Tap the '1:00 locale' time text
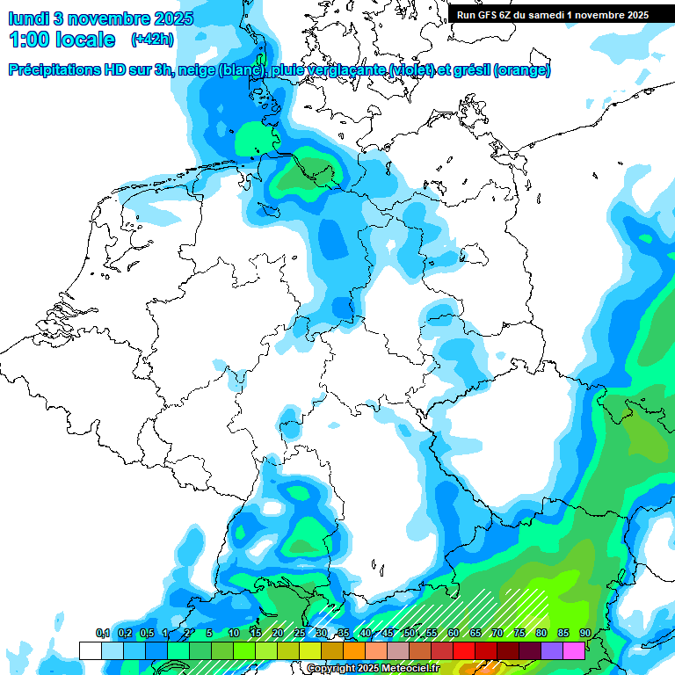pyautogui.click(x=62, y=40)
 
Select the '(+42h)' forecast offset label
pyautogui.click(x=152, y=40)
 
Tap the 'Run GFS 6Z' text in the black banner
pyautogui.click(x=489, y=14)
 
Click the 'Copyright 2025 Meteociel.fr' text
pyautogui.click(x=373, y=669)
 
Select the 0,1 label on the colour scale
pyautogui.click(x=102, y=634)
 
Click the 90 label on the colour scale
pyautogui.click(x=585, y=634)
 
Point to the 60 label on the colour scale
pyautogui.click(x=454, y=634)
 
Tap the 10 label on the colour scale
pyautogui.click(x=234, y=634)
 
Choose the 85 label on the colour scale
pyautogui.click(x=563, y=634)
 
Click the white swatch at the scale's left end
pyautogui.click(x=91, y=650)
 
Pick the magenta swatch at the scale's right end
pyautogui.click(x=574, y=650)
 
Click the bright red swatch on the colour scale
pyautogui.click(x=464, y=650)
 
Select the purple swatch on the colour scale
pyautogui.click(x=552, y=650)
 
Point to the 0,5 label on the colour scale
pyautogui.click(x=146, y=634)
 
